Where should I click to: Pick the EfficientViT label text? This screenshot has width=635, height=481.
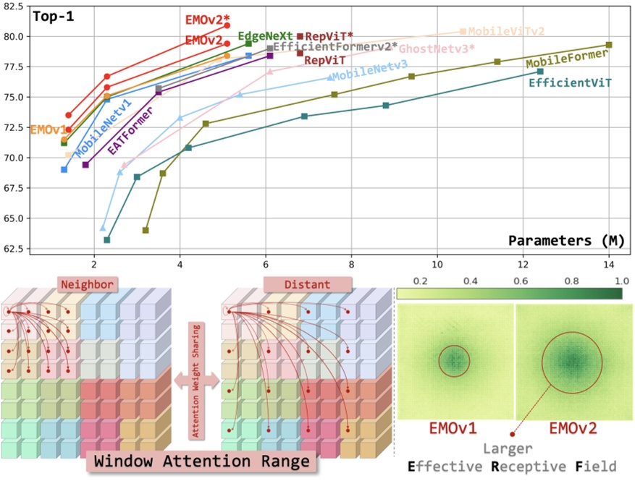570,82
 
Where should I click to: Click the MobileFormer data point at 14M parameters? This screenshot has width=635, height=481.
609,45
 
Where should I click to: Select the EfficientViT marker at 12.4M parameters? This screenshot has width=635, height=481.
540,71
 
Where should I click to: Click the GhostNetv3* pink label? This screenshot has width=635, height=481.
437,48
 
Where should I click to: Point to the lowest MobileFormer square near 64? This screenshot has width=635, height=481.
146,230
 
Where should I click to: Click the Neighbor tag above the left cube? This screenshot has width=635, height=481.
87,284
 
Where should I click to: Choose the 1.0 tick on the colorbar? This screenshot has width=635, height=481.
620,279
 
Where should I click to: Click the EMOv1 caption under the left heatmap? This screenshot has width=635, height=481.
453,427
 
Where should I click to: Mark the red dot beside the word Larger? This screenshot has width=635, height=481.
513,434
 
